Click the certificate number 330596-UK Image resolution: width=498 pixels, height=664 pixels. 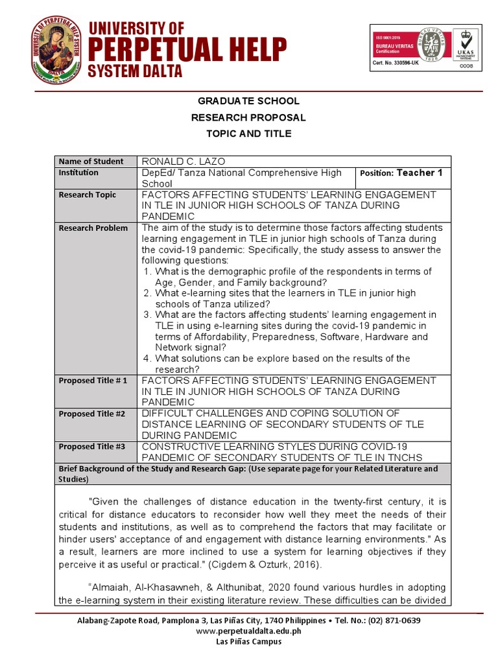coord(397,63)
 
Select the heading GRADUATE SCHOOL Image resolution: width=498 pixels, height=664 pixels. coord(248,101)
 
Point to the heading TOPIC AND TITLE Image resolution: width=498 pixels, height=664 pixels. coord(248,134)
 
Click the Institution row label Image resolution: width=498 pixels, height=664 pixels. coord(78,172)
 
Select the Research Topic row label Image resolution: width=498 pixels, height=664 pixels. coord(88,195)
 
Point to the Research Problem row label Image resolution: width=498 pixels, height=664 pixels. coord(93,228)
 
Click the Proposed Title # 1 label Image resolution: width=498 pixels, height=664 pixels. coord(93,381)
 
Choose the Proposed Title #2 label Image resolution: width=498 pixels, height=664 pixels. coord(92,414)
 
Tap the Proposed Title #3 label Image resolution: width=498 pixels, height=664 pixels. coord(92,447)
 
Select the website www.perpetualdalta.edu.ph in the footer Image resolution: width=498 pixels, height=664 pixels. coord(248,631)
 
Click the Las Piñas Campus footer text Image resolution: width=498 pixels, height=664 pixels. coord(248,641)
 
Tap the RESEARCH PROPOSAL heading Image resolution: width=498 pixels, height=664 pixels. coord(248,117)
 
